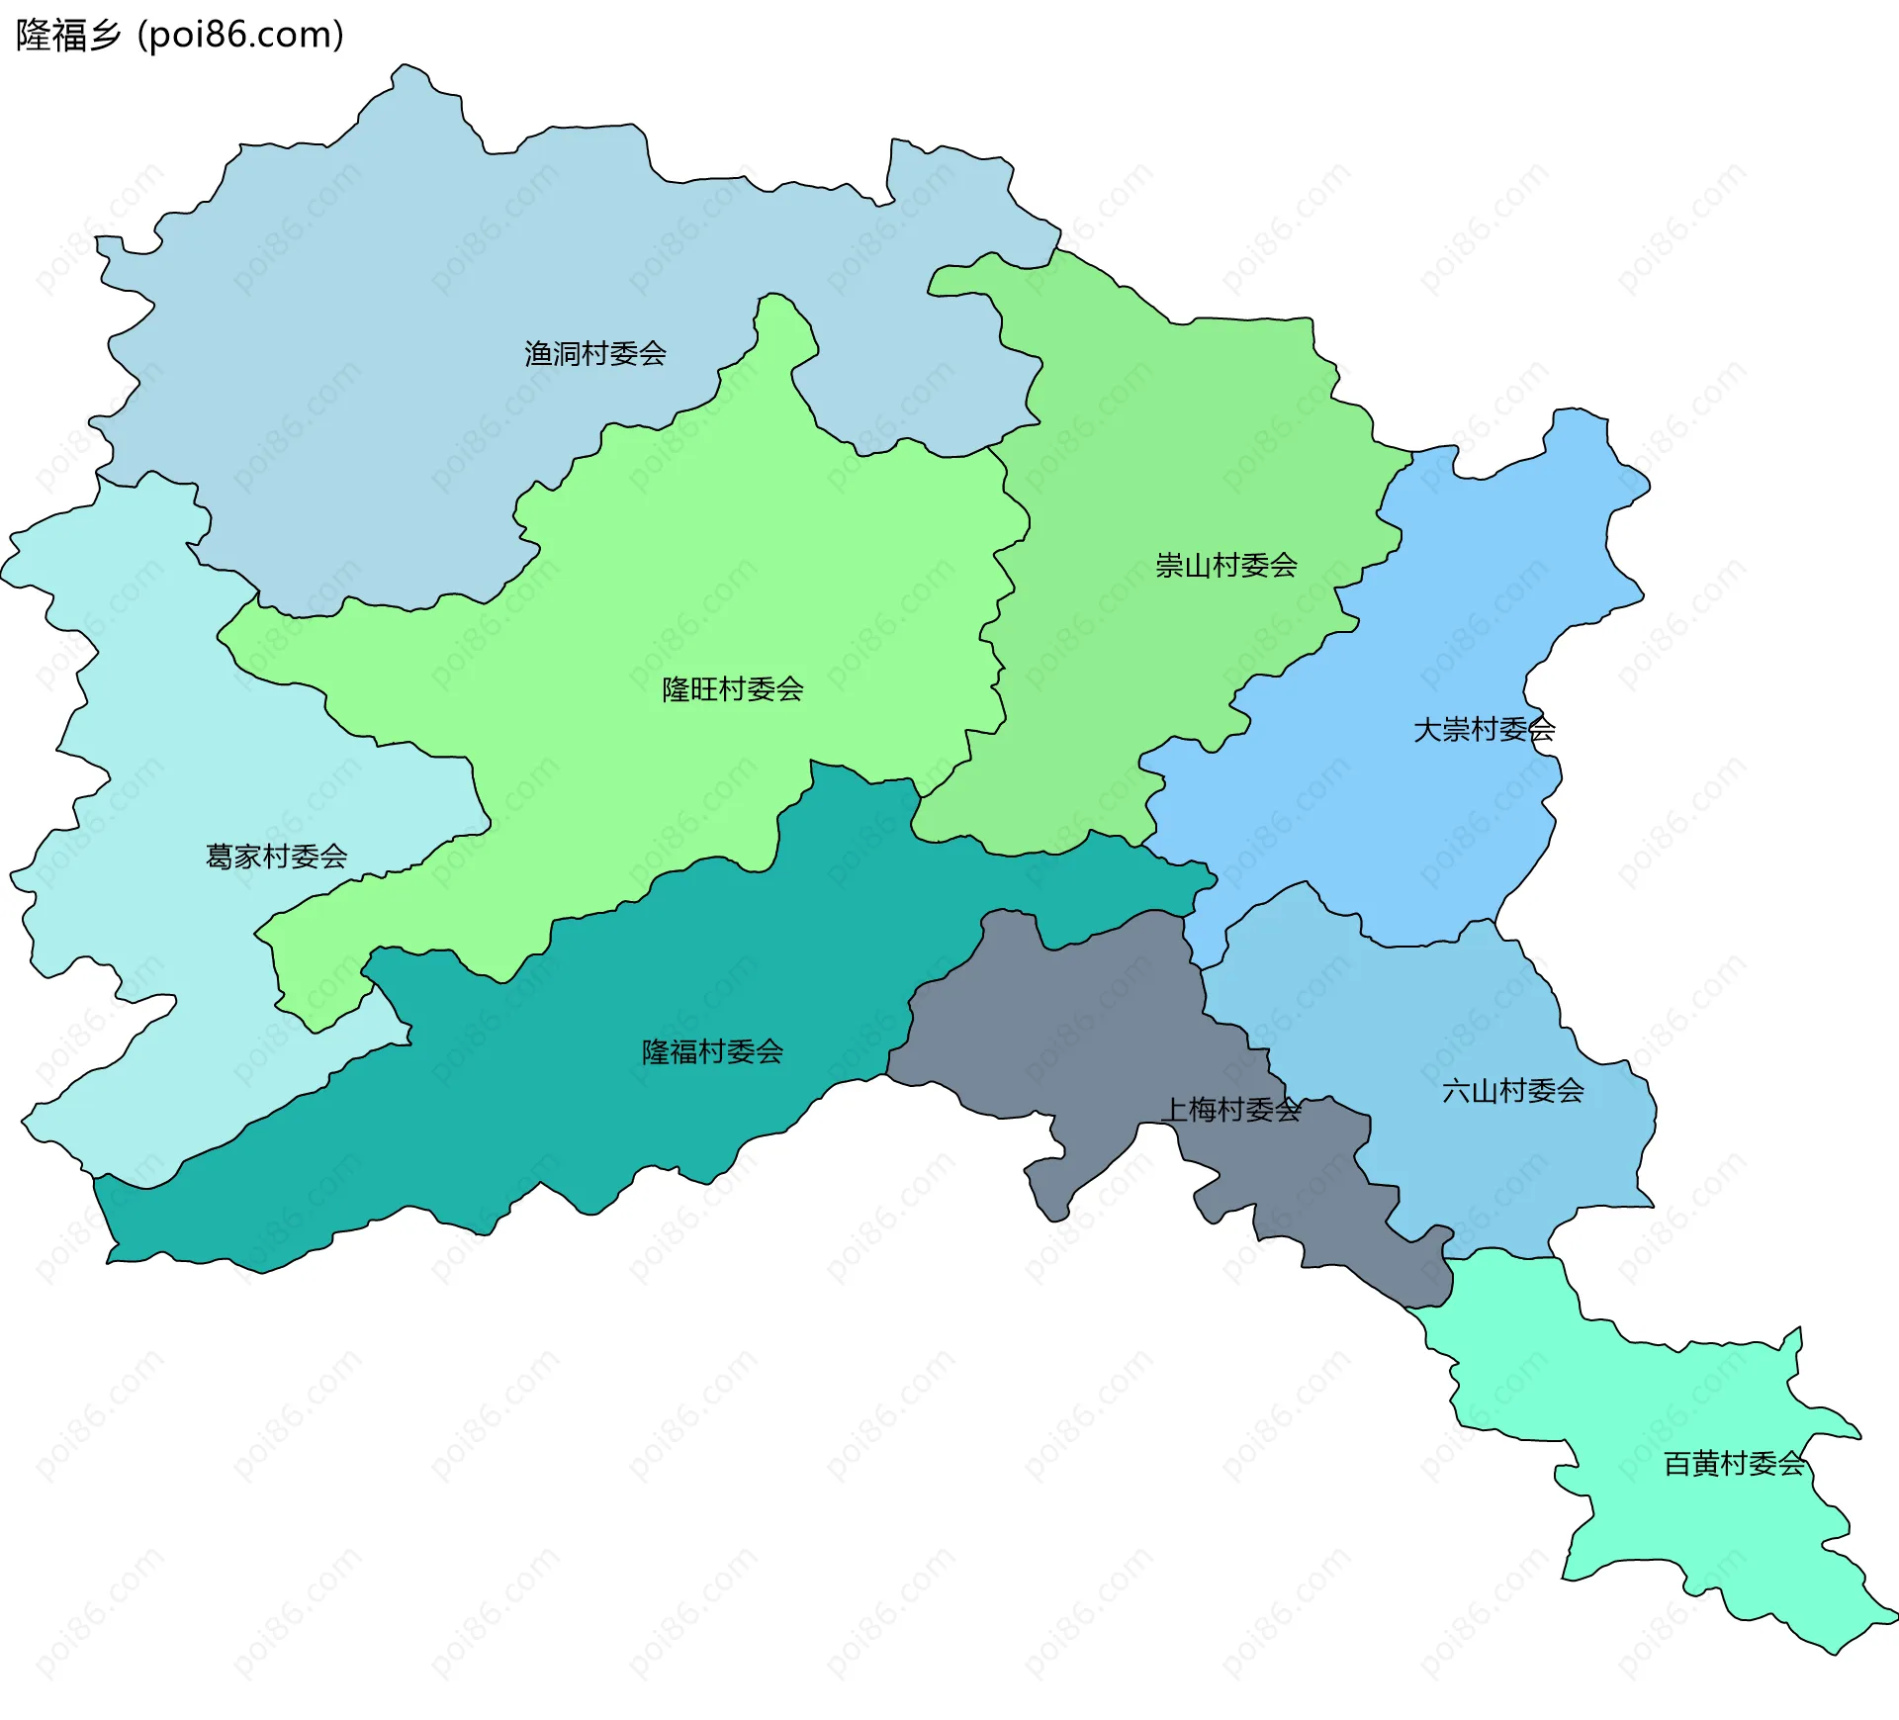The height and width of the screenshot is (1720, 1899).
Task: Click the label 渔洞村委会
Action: [x=594, y=353]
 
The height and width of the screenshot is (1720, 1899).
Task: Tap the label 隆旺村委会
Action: [x=732, y=689]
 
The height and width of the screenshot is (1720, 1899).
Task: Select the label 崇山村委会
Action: [x=1225, y=566]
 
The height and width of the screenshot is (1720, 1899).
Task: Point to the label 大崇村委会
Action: [x=1484, y=730]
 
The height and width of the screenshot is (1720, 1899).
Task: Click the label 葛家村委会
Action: [x=276, y=857]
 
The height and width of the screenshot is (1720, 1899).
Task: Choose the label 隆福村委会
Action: [x=712, y=1051]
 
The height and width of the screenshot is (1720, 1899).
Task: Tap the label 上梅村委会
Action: [x=1230, y=1110]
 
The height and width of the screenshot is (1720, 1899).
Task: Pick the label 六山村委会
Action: [x=1512, y=1091]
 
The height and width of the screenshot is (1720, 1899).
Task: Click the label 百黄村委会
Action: [x=1734, y=1464]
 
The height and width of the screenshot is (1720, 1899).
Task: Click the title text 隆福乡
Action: [x=68, y=36]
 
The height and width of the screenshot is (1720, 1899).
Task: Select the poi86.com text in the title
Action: [x=240, y=36]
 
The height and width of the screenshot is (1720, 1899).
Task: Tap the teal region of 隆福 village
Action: [x=593, y=1118]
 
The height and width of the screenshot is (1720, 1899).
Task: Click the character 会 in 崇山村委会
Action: [x=1284, y=566]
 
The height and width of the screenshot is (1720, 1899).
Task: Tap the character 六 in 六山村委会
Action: [x=1456, y=1091]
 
